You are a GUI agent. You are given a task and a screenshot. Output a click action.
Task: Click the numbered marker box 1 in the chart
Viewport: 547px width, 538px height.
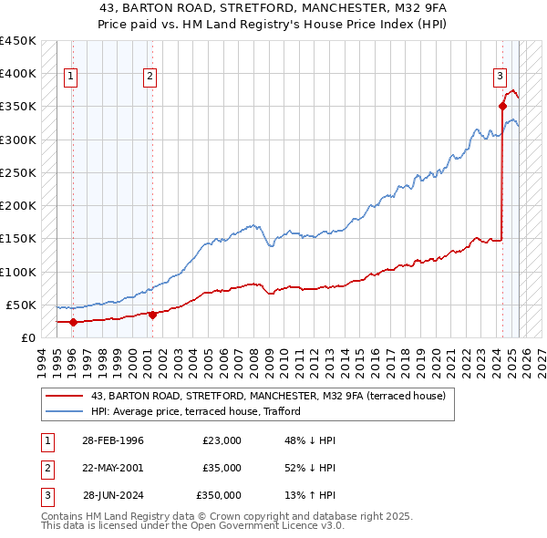pos(70,77)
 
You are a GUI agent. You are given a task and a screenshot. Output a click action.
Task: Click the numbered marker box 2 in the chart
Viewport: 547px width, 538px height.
pos(150,77)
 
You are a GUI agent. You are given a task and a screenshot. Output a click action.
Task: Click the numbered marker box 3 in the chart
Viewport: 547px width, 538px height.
pos(501,77)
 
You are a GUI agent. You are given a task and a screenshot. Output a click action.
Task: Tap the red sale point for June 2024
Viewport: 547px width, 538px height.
pos(502,106)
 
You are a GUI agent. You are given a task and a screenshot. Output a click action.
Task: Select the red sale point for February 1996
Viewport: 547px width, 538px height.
pos(73,322)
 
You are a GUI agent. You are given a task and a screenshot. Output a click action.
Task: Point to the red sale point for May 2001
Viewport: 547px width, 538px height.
pos(152,315)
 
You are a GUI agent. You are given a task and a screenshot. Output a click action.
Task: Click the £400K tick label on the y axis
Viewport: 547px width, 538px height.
pos(18,74)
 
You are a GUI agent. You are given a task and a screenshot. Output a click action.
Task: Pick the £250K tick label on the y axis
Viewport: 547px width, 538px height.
pos(18,172)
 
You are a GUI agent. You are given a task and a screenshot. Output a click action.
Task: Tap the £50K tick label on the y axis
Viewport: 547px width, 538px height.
pos(22,305)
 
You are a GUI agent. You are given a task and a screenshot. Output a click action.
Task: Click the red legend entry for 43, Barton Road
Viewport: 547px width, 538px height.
pos(267,396)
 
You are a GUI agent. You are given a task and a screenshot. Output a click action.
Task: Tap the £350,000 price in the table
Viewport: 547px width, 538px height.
pos(219,495)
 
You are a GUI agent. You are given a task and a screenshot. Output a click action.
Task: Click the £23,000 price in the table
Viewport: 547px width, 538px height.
pos(222,440)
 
